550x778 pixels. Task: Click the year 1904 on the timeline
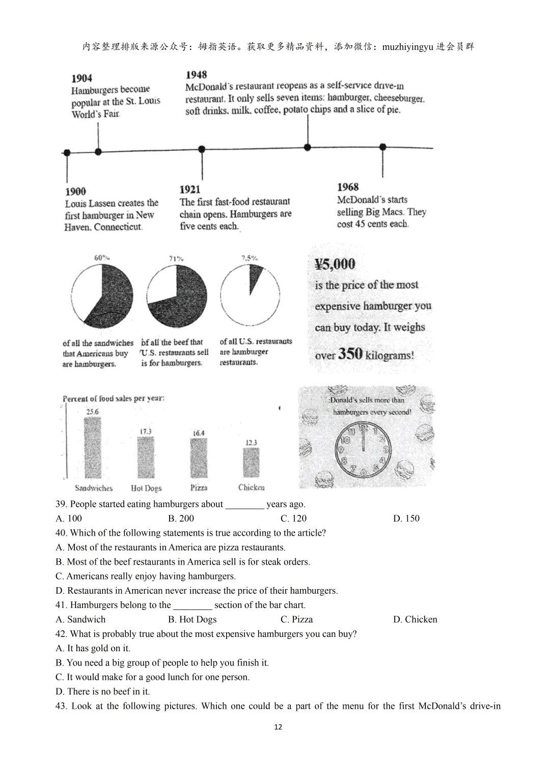(x=82, y=78)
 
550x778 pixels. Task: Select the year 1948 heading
(x=197, y=75)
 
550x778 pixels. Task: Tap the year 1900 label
(x=75, y=191)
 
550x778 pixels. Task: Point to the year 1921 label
(x=190, y=189)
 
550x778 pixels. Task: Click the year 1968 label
(x=348, y=187)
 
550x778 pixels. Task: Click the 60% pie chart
(x=102, y=297)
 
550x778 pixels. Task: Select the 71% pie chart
(x=177, y=296)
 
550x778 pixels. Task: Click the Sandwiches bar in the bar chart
(x=92, y=448)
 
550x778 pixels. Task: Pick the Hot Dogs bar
(x=146, y=457)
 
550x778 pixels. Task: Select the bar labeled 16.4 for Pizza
(x=199, y=458)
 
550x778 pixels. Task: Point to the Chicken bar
(x=251, y=462)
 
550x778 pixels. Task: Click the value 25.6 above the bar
(x=92, y=411)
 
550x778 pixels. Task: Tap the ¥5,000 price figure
(x=335, y=264)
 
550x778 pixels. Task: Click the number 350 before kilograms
(x=350, y=353)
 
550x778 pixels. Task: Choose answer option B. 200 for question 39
(x=181, y=518)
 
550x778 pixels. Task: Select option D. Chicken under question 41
(x=415, y=619)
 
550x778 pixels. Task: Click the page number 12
(x=278, y=727)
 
